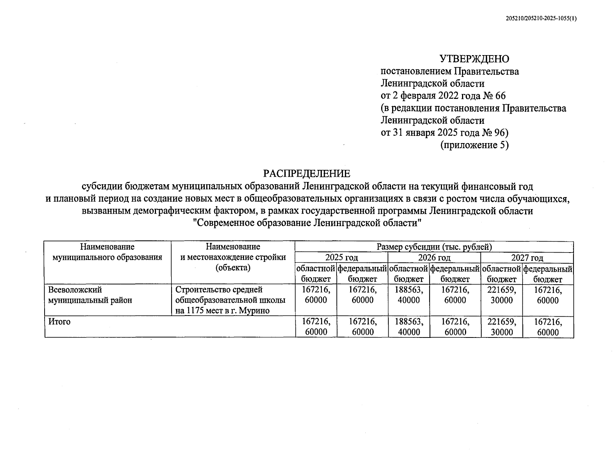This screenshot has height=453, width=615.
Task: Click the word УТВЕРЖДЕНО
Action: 474,59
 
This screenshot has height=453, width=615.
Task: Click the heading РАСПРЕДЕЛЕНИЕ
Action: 307,174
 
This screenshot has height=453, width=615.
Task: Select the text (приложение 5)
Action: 474,145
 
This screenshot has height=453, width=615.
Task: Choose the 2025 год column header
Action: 341,258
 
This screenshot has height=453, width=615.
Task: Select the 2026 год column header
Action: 434,258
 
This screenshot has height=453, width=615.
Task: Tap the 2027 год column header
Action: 527,258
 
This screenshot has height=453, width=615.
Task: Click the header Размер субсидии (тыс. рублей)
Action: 434,247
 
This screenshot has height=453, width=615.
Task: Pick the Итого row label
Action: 59,322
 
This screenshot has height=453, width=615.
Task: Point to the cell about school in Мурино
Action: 230,300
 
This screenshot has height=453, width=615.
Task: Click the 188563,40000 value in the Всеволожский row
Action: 409,295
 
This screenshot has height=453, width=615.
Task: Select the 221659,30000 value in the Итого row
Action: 502,327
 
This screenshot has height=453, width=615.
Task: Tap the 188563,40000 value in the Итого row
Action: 409,327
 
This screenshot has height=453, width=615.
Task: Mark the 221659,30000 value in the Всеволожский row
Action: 502,295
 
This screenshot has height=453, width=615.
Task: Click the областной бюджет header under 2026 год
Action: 409,274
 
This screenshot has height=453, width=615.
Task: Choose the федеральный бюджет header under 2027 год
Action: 548,274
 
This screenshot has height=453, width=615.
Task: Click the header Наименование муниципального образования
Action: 107,252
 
